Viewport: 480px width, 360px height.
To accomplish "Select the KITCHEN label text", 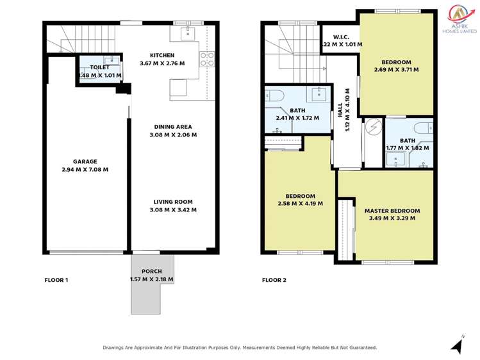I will click(x=162, y=55).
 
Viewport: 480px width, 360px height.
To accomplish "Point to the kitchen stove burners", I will click(x=208, y=60).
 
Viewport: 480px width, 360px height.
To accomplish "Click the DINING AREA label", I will click(x=172, y=127).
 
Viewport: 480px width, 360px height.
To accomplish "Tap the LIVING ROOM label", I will click(x=172, y=202).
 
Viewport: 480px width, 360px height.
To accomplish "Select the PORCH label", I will click(x=151, y=272).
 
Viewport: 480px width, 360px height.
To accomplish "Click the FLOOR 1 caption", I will click(x=56, y=280).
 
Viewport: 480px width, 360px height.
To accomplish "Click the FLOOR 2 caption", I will click(x=274, y=280).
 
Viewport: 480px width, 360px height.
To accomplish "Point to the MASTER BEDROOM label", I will click(x=392, y=211).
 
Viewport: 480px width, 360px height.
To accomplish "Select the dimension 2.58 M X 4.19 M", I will click(x=300, y=204).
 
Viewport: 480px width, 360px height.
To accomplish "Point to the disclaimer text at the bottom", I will click(x=240, y=347).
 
